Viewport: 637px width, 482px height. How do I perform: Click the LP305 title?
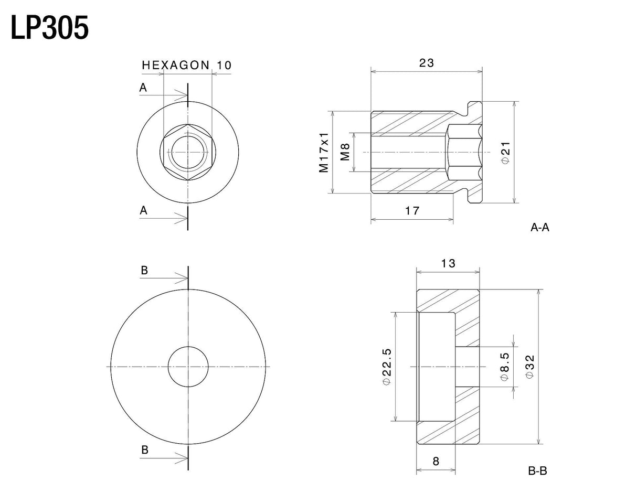pos(50,28)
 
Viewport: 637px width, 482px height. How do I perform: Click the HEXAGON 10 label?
pos(187,65)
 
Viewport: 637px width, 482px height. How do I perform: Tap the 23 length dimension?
pos(426,63)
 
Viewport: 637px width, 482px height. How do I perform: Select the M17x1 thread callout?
pos(324,153)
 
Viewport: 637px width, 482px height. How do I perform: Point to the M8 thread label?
pos(345,152)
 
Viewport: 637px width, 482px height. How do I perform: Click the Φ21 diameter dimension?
pos(505,153)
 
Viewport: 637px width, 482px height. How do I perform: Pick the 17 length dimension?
pos(412,211)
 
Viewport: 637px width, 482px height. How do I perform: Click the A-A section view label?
pos(540,228)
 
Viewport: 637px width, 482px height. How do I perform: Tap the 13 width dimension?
pos(448,263)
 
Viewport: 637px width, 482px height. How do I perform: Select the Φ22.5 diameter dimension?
pos(387,367)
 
